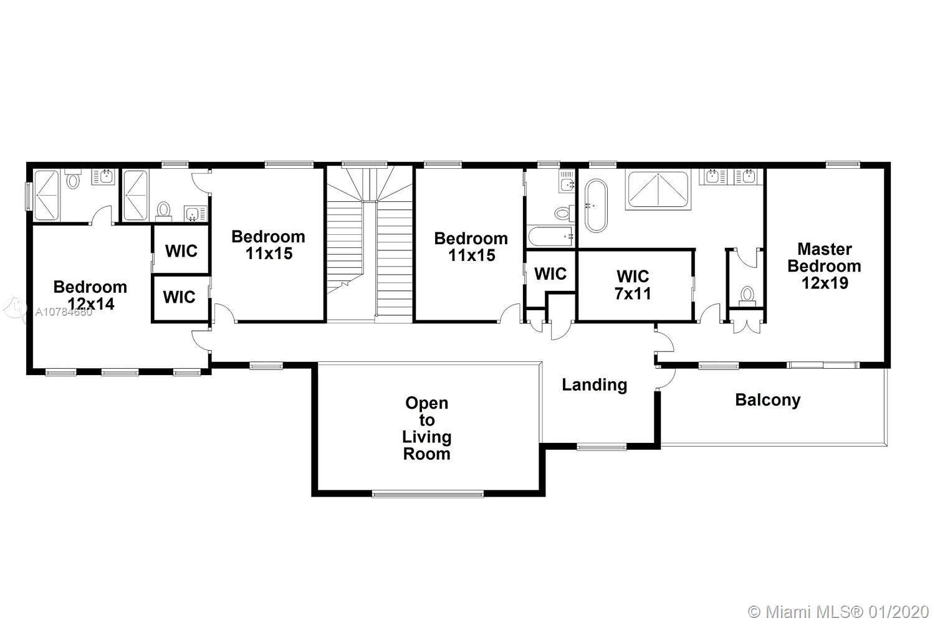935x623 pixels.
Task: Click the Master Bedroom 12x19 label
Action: (825, 266)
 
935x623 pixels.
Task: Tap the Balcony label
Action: (768, 400)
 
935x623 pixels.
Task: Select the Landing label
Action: (595, 385)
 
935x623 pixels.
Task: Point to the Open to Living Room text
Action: (426, 428)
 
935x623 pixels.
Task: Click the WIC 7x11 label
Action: (633, 285)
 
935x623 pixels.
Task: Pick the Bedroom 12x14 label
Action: (90, 295)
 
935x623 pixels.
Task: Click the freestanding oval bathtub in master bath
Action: (596, 206)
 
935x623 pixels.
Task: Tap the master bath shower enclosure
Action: (658, 190)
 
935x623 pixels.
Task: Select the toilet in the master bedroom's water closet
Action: (747, 295)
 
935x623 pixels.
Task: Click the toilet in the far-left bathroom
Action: (73, 179)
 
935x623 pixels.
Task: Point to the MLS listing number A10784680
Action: (64, 311)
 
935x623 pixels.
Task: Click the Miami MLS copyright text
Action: (838, 612)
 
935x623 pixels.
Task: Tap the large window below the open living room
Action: (428, 495)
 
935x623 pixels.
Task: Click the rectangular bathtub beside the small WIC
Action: (550, 237)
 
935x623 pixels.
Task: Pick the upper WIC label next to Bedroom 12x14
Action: (181, 251)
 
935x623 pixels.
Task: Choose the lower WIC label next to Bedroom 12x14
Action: (179, 297)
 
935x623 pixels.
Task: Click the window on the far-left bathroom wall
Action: (29, 196)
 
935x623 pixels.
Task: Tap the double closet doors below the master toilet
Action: (747, 325)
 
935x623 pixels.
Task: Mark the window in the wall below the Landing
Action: (602, 448)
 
